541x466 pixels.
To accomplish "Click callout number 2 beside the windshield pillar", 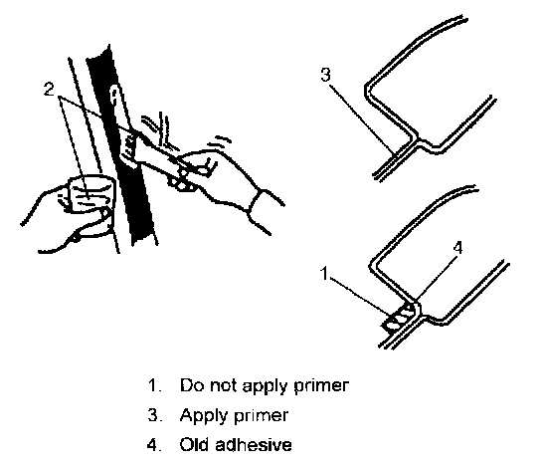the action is coord(50,90).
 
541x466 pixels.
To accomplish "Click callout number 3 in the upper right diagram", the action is coord(325,75).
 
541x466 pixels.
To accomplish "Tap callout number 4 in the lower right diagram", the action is coord(457,247).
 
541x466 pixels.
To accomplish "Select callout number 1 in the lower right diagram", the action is coord(324,273).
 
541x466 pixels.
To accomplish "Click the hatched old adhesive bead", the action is coord(399,319).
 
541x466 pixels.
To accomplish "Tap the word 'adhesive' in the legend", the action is coord(254,444).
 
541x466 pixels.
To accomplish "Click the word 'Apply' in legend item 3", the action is coord(204,416).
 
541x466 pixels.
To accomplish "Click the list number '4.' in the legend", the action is coord(154,445).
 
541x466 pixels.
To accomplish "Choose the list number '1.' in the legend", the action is coord(155,385).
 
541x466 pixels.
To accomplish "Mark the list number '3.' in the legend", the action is coord(154,415).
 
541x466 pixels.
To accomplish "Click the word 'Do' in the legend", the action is coord(192,385).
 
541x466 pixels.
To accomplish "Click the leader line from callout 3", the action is coord(362,119).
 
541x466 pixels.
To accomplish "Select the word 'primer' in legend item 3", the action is coord(262,416).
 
